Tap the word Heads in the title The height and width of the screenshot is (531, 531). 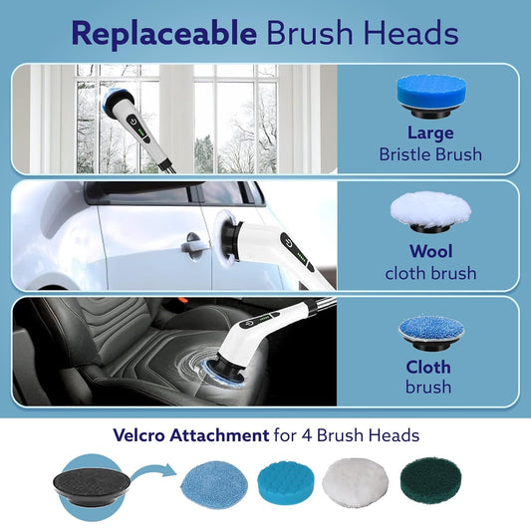click(409, 34)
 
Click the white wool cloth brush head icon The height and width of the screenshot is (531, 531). click(429, 210)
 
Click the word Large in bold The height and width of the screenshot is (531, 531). click(429, 133)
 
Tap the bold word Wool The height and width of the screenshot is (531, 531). click(429, 251)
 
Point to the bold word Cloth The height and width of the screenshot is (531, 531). click(429, 366)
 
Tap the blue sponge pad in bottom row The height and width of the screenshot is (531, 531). click(289, 484)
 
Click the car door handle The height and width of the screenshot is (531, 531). click(192, 240)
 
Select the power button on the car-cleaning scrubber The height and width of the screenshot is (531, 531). click(288, 242)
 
